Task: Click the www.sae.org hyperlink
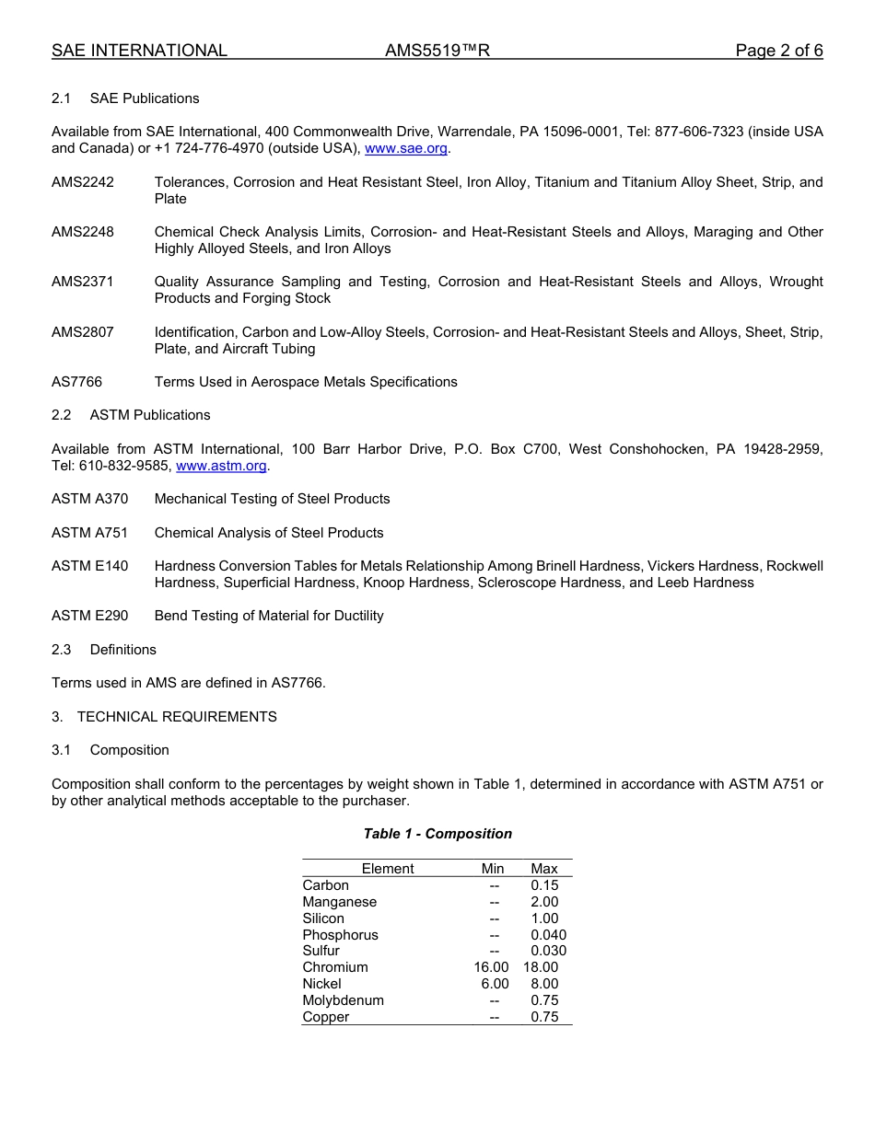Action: tap(406, 148)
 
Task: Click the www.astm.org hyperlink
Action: tap(221, 466)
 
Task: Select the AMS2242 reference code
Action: tap(83, 182)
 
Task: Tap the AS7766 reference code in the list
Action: tap(77, 382)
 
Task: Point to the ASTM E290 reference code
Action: tap(90, 616)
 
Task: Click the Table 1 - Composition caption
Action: tap(437, 834)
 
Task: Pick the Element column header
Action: tap(388, 869)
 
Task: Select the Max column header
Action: tap(544, 869)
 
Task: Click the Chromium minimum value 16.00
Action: tap(491, 967)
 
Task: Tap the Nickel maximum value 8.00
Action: tap(544, 984)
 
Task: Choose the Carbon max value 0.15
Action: tap(544, 885)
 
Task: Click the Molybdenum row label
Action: tap(344, 1000)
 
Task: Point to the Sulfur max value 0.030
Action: tap(548, 951)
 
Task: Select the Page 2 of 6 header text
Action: tap(779, 51)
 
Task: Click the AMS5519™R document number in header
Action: tap(437, 51)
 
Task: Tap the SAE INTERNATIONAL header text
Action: tap(139, 51)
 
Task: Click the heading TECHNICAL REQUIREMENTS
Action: tap(177, 716)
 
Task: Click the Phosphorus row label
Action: tap(341, 935)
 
